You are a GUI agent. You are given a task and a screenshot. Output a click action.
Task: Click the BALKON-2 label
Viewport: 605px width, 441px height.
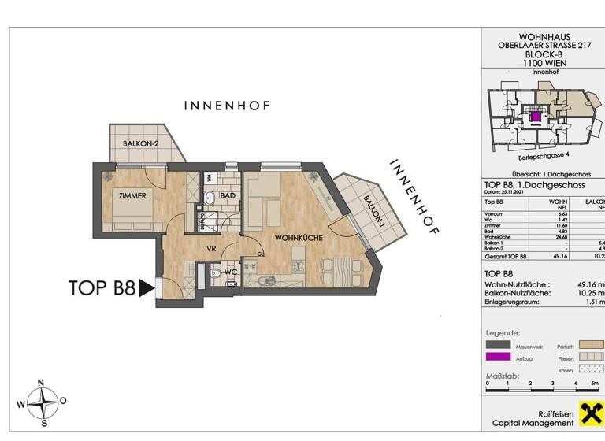pos(141,143)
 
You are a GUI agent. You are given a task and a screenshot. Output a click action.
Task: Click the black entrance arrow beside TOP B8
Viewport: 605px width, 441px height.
pos(147,288)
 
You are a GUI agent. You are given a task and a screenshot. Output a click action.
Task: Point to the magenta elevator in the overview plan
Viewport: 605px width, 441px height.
pos(536,117)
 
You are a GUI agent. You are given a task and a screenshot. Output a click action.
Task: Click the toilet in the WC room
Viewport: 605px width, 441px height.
pos(217,276)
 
